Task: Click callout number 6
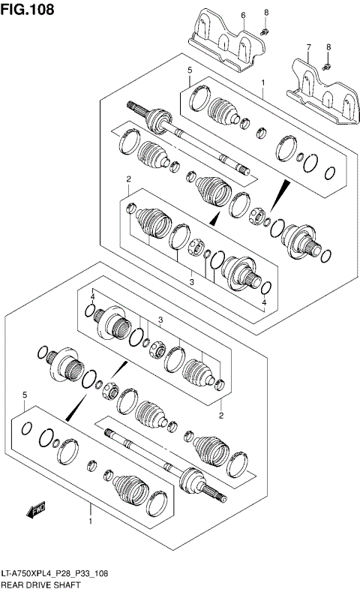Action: point(243,15)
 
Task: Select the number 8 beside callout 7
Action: point(328,47)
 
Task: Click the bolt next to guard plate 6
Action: point(265,32)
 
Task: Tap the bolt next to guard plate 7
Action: point(328,67)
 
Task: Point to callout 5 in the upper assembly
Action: point(190,70)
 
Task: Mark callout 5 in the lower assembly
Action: point(25,395)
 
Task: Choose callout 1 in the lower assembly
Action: point(90,521)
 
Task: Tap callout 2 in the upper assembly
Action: point(129,179)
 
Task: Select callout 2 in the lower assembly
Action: point(221,414)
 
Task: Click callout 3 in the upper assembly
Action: point(191,281)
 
